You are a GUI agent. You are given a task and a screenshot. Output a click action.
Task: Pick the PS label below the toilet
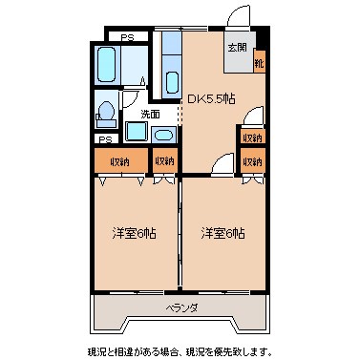tap(105, 137)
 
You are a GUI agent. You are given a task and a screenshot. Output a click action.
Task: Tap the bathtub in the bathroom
tap(107, 66)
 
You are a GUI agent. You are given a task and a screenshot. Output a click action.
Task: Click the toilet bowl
tap(108, 111)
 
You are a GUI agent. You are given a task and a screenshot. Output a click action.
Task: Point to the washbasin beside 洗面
tap(164, 135)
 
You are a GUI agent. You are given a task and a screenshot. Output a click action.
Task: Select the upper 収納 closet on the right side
tap(251, 138)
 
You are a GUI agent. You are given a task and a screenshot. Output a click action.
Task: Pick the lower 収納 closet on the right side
tap(251, 161)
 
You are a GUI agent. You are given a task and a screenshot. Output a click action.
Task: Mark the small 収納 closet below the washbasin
tap(165, 160)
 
